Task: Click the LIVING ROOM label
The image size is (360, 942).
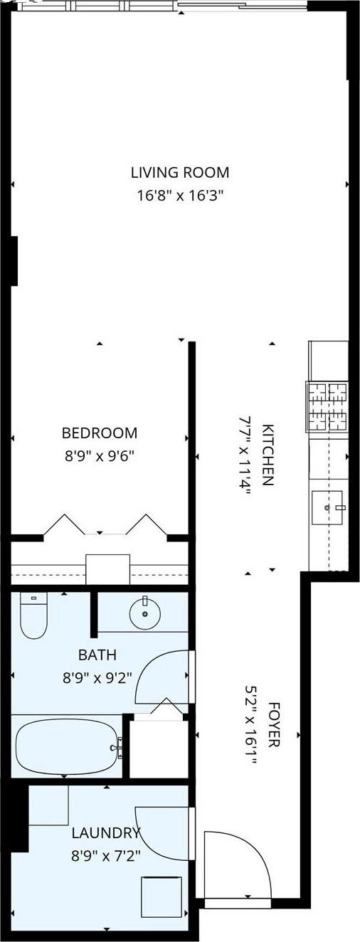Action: [x=180, y=173]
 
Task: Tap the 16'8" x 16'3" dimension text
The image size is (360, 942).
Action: [x=180, y=196]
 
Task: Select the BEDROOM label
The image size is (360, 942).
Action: [x=100, y=433]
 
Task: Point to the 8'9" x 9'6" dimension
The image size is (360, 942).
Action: [x=100, y=456]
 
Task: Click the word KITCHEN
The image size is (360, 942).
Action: [x=268, y=455]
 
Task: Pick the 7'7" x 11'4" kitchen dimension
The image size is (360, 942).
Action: [x=245, y=455]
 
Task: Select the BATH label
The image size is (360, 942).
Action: [x=97, y=655]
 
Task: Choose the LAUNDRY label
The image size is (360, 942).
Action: [x=105, y=821]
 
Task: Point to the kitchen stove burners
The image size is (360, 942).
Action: [x=328, y=407]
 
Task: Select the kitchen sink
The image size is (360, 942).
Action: [x=328, y=507]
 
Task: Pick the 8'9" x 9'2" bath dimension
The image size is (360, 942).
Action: [x=97, y=678]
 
